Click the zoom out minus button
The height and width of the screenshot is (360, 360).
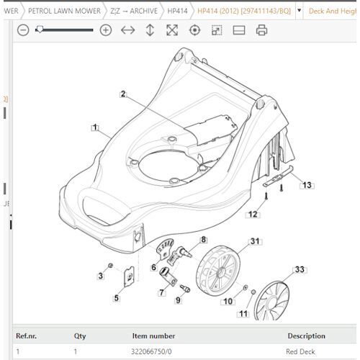pyautogui.click(x=23, y=30)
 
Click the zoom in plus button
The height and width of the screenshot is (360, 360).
pyautogui.click(x=106, y=30)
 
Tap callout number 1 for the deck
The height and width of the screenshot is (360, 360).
pyautogui.click(x=94, y=127)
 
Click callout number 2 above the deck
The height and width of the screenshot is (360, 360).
pyautogui.click(x=123, y=94)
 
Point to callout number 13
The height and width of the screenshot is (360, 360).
pyautogui.click(x=307, y=185)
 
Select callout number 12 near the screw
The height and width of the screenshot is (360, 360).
pyautogui.click(x=253, y=214)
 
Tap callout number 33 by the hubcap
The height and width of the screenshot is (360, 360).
pyautogui.click(x=299, y=270)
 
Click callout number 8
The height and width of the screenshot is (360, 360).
pyautogui.click(x=204, y=239)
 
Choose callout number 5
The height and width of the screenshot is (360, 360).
pyautogui.click(x=117, y=297)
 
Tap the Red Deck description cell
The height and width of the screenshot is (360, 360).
pyautogui.click(x=301, y=351)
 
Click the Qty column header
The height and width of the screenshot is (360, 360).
pyautogui.click(x=79, y=336)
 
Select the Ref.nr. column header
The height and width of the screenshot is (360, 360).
pyautogui.click(x=27, y=336)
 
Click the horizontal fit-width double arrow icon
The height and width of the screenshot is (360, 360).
pyautogui.click(x=128, y=30)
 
